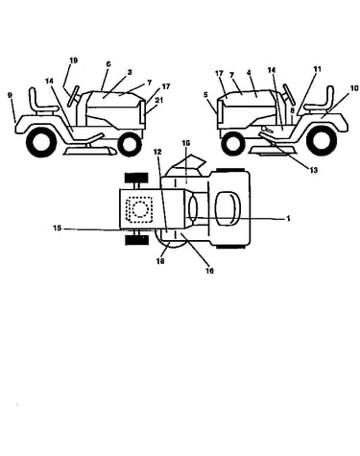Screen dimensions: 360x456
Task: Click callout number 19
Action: [73, 60]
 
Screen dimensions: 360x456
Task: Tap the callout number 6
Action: [108, 64]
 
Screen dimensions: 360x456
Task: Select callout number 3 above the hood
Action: [130, 72]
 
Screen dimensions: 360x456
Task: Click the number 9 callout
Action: [10, 95]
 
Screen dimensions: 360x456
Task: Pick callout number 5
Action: [205, 95]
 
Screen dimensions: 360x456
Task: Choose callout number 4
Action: [249, 73]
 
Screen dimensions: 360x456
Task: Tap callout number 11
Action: [317, 69]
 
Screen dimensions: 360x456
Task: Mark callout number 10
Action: [354, 88]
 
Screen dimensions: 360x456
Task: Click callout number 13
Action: [314, 170]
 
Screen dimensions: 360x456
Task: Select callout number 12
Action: [157, 153]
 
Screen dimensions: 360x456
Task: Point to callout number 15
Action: [57, 228]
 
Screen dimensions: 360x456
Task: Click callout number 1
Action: [288, 219]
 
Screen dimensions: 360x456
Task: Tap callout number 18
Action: [160, 261]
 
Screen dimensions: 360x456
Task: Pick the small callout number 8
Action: [292, 110]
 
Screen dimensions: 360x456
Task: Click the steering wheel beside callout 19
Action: [74, 96]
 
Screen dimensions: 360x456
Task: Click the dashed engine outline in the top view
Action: [139, 210]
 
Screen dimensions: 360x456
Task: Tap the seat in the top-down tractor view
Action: [228, 209]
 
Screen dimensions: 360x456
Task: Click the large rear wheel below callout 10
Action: [320, 140]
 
